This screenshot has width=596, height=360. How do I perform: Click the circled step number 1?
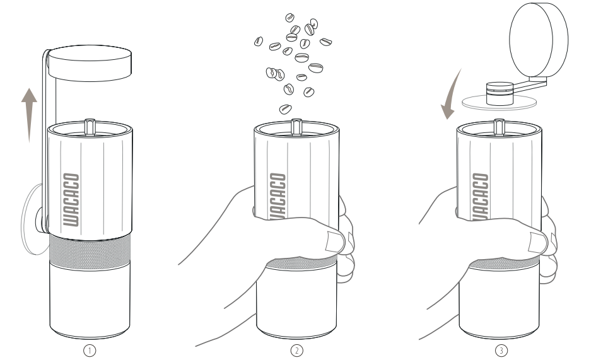coord(90,351)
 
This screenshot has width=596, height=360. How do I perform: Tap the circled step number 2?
coord(296,351)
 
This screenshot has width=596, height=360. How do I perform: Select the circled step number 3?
coord(501,351)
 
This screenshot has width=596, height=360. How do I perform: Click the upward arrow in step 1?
coord(29,115)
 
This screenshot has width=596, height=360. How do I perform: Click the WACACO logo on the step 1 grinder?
coord(71,200)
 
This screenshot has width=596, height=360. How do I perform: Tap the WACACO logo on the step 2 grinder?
coord(278,196)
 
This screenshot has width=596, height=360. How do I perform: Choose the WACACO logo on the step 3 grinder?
coord(481,197)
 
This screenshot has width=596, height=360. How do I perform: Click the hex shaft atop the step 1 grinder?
coord(90,127)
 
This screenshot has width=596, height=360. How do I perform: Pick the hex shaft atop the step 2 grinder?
coord(296,127)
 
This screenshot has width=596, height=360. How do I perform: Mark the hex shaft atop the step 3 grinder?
coord(500,127)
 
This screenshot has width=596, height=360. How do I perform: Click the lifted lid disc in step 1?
coord(90,63)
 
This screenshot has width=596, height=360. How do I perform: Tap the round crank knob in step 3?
coord(539,40)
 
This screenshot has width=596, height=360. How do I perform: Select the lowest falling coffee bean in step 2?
coord(286,110)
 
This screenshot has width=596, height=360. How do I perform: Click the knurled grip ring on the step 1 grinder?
coord(90,252)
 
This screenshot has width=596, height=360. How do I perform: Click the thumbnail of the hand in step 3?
coord(538,243)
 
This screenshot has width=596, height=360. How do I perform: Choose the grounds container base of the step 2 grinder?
coord(296,300)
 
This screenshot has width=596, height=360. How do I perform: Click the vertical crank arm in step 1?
coord(45,141)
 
